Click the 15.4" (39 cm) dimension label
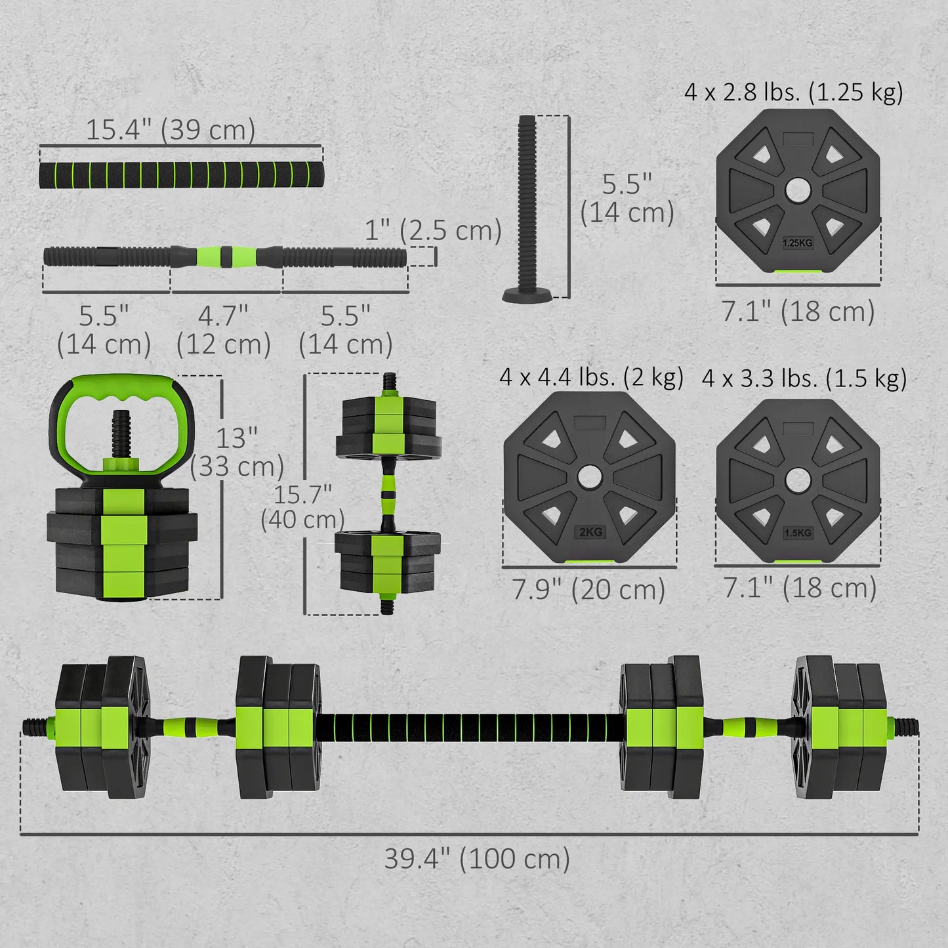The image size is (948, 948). tap(171, 130)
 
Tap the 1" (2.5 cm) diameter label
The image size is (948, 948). tap(433, 230)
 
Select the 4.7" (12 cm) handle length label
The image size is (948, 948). tap(223, 330)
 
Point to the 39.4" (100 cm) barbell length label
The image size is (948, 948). tap(477, 858)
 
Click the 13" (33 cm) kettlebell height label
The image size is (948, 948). tap(237, 452)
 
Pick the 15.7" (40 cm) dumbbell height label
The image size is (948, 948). tap(302, 506)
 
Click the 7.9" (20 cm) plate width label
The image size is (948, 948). tap(588, 589)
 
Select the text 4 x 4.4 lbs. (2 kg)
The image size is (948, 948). tap(591, 377)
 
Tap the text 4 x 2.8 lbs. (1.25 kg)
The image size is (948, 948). tap(794, 92)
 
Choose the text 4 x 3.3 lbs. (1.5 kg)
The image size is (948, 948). tap(804, 379)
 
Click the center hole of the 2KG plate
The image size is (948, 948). tap(589, 477)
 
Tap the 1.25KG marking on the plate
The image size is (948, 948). tap(797, 243)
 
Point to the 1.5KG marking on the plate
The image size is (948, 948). tap(798, 533)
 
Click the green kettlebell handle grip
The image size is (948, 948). tap(122, 387)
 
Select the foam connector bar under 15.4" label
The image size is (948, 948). tap(181, 175)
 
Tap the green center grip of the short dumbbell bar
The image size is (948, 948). tap(226, 256)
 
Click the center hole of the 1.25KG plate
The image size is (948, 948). tap(797, 190)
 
